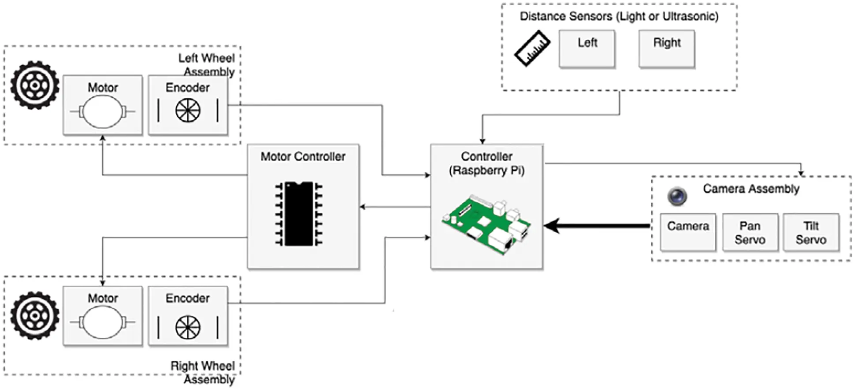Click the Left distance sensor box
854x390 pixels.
coord(587,48)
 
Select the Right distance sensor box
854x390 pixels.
coord(666,48)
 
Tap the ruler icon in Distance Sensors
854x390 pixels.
coord(532,48)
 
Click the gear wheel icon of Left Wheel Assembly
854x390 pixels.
coord(35,85)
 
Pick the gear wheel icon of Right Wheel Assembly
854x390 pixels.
coord(35,316)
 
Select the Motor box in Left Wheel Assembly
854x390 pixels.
coord(103,105)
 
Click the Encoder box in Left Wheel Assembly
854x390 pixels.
coord(188,105)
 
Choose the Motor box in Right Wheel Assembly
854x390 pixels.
coord(103,316)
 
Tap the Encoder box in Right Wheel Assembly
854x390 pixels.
coord(188,316)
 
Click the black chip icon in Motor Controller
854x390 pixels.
coord(299,214)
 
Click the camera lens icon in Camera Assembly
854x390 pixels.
coord(677,196)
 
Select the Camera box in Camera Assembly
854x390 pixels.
coord(687,232)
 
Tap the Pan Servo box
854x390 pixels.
coord(750,232)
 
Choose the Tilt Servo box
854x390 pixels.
coord(811,232)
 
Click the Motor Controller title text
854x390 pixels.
coord(303,156)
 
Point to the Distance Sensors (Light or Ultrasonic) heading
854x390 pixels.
coord(619,16)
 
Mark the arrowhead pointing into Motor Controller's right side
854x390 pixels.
coord(363,207)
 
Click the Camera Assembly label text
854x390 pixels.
coord(751,189)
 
